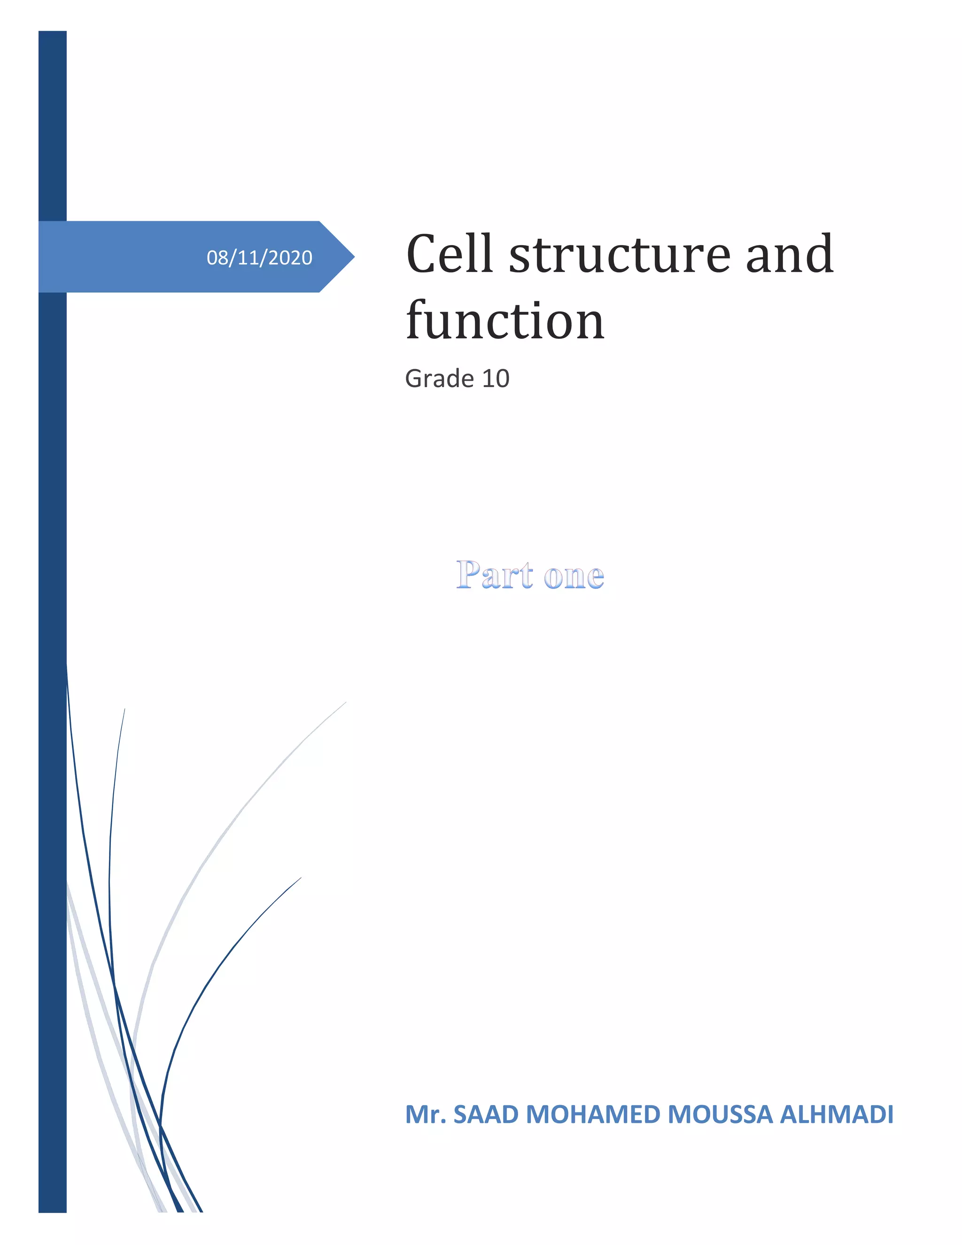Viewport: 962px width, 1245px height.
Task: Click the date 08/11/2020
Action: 259,257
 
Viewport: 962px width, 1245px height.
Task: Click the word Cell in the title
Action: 449,254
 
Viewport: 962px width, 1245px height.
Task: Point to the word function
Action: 505,320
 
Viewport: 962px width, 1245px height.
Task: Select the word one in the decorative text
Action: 574,576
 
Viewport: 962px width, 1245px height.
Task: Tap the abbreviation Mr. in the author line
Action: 425,1114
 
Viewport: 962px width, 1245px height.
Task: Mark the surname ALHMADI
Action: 836,1114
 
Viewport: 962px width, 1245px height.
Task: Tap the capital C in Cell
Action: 420,254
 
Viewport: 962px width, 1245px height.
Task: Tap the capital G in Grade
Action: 414,379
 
